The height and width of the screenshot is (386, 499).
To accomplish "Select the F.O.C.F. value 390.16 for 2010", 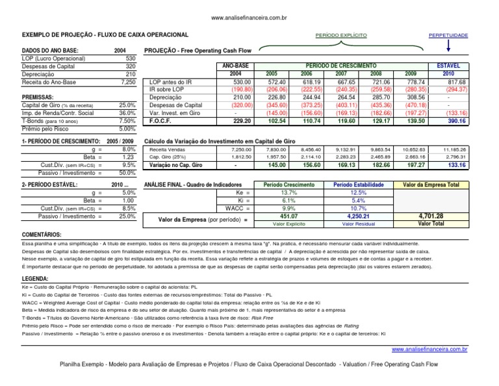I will point(457,121).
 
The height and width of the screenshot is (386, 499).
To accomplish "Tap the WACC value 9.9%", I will point(287,209).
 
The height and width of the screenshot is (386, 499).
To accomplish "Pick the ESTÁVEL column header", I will point(449,66).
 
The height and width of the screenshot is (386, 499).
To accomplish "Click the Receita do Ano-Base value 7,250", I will point(127,82).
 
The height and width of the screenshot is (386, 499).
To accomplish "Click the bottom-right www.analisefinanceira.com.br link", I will point(429,350).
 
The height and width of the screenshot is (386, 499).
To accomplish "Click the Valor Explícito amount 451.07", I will point(287,216).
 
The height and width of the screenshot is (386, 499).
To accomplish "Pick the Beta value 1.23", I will point(127,157).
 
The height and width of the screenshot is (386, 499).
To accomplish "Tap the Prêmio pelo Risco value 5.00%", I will point(127,129).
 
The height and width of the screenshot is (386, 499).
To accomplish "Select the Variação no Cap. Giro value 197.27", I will point(413,166).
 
